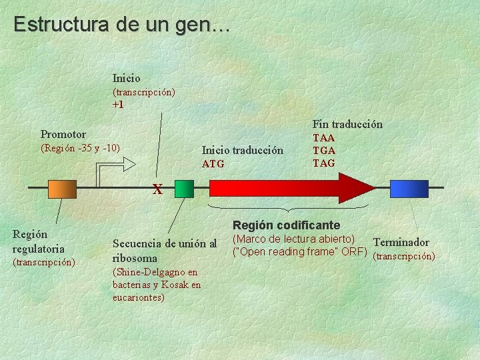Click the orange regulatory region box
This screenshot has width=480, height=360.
[63, 189]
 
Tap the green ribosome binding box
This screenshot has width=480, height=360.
[184, 189]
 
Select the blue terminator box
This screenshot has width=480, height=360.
[409, 189]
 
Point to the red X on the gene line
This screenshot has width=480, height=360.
[157, 189]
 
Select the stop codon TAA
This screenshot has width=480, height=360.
[324, 138]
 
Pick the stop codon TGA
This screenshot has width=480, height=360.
[324, 151]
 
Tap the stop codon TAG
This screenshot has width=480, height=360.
[324, 163]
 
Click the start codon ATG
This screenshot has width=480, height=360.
[213, 164]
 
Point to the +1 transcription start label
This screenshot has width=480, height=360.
[118, 105]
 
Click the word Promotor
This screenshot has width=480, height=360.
[63, 134]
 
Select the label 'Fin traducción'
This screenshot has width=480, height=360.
[347, 124]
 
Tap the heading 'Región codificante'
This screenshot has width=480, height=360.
[286, 225]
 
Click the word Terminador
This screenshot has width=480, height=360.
[401, 242]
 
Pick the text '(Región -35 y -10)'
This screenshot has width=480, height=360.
[80, 147]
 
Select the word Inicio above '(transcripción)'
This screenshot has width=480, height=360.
[127, 78]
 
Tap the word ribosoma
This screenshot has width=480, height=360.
[135, 258]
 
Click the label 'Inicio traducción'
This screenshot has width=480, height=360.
[243, 150]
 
